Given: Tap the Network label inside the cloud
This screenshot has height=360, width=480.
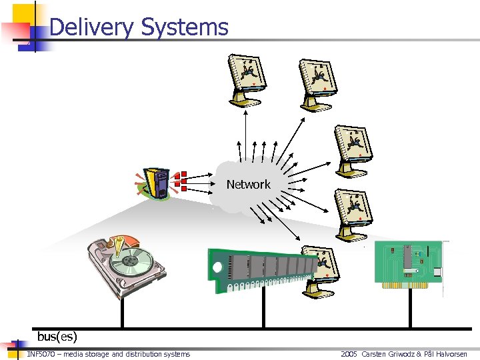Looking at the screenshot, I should tap(248, 185).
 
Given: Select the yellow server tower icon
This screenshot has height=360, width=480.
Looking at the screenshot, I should tap(159, 183).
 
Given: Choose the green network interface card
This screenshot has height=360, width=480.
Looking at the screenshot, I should tap(408, 265).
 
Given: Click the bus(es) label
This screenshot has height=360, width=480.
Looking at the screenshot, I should tap(57, 337).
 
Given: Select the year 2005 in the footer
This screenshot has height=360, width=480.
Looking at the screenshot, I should tap(349, 354).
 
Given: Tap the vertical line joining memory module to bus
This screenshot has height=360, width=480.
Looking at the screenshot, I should tap(264, 311).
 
